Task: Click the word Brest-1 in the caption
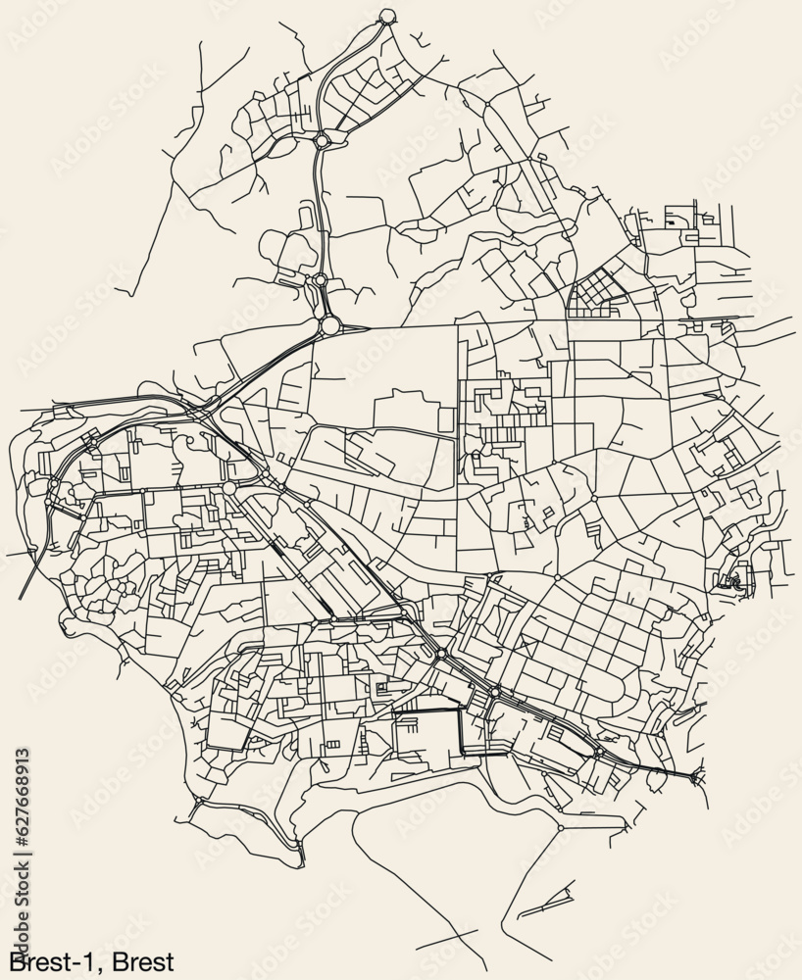pyautogui.click(x=50, y=960)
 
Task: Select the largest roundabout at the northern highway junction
pyautogui.click(x=330, y=324)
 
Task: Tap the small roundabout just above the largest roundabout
pyautogui.click(x=321, y=280)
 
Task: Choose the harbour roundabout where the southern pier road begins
pyautogui.click(x=560, y=828)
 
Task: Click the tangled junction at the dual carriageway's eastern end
pyautogui.click(x=697, y=777)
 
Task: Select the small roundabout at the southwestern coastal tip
pyautogui.click(x=199, y=802)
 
